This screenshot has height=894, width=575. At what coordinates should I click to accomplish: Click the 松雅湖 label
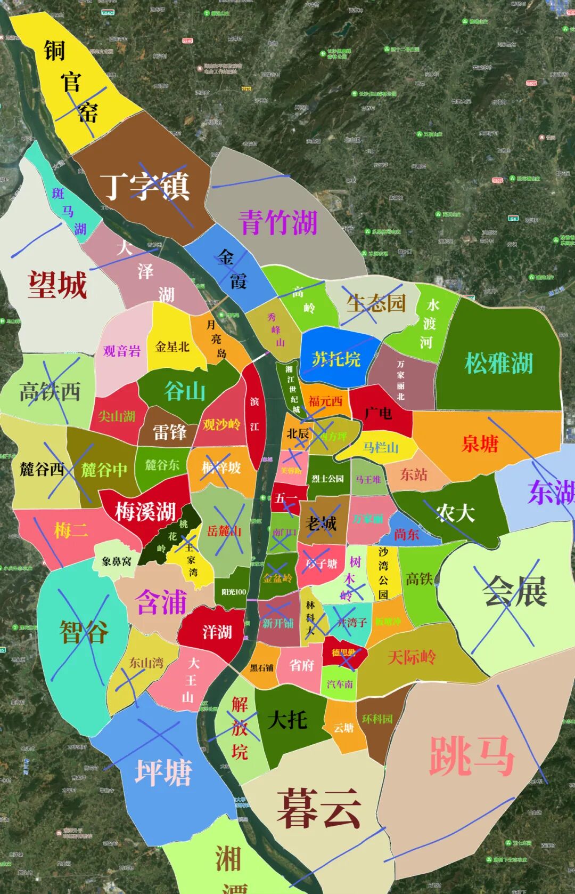coord(498,364)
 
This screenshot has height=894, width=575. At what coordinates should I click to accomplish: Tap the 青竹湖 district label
coord(278,223)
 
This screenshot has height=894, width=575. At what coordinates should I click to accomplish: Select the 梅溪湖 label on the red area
coord(145,512)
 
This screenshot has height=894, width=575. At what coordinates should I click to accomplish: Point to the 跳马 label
coord(472,756)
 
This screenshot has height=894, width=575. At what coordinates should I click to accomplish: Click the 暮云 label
coord(318,808)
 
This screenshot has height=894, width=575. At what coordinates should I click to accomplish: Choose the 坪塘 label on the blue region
coord(163,772)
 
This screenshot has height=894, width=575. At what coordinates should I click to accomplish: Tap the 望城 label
coord(57,285)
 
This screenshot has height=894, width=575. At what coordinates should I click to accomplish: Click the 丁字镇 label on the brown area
coord(145,187)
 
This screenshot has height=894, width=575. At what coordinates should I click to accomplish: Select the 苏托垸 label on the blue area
coord(336,359)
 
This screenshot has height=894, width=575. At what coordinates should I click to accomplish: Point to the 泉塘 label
coord(480,444)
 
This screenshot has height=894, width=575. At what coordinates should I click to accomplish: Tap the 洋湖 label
coord(217,632)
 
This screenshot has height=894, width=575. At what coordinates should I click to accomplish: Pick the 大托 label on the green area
coord(287,720)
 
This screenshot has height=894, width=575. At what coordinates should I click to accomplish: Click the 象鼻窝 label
coord(117,561)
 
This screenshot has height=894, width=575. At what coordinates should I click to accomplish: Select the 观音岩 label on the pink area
coord(122,351)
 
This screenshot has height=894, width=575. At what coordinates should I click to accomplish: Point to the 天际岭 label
coord(412,657)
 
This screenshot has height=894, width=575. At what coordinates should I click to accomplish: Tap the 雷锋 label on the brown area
coord(169,432)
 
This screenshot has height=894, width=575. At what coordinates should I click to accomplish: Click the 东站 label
coord(414,474)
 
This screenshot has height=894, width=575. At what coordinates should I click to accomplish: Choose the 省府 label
coord(301,665)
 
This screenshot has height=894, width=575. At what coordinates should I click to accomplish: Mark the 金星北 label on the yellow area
coord(172,347)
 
